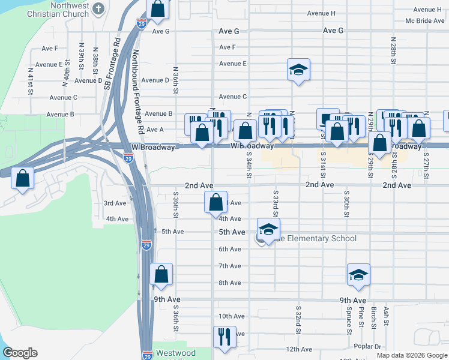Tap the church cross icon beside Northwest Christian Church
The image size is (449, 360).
[x=100, y=9]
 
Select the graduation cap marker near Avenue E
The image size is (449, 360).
[x=298, y=70]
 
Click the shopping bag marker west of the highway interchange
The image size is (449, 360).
[x=23, y=178]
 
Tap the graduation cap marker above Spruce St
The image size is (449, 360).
[x=358, y=275]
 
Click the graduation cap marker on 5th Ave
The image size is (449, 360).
[x=268, y=229]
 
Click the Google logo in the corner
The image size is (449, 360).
[x=19, y=353]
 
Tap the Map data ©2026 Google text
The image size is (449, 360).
[x=412, y=355]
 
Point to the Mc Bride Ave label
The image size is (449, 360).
[x=424, y=21]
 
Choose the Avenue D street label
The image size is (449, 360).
[x=155, y=80]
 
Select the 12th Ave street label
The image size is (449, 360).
[x=298, y=349]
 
